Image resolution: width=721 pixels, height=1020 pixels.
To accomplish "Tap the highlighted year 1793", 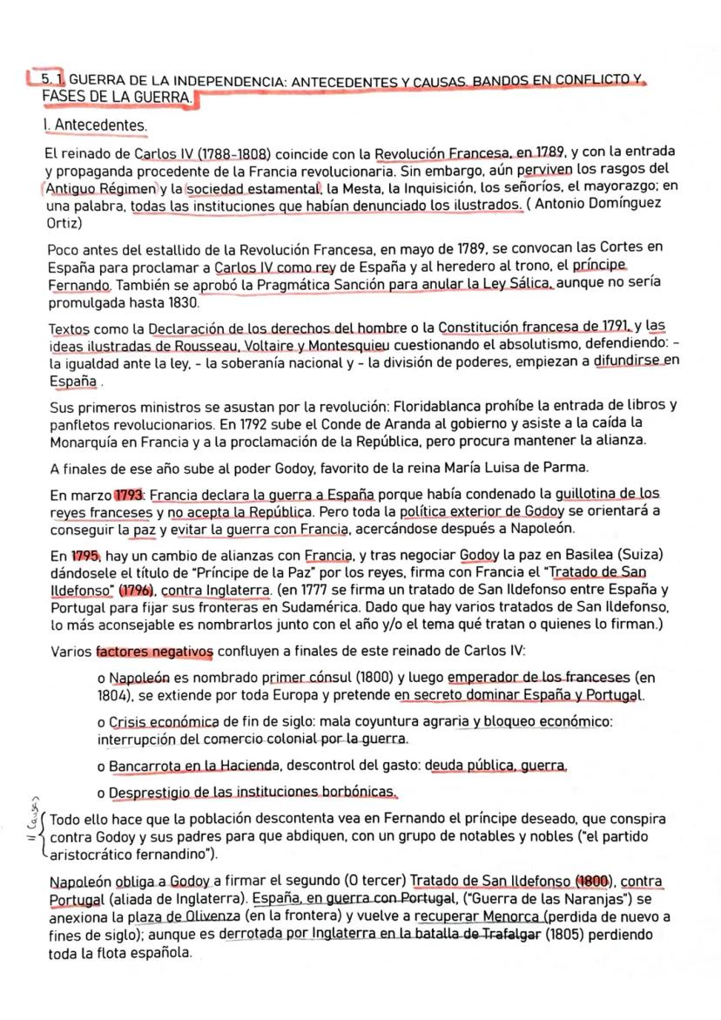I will coord(129,493).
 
